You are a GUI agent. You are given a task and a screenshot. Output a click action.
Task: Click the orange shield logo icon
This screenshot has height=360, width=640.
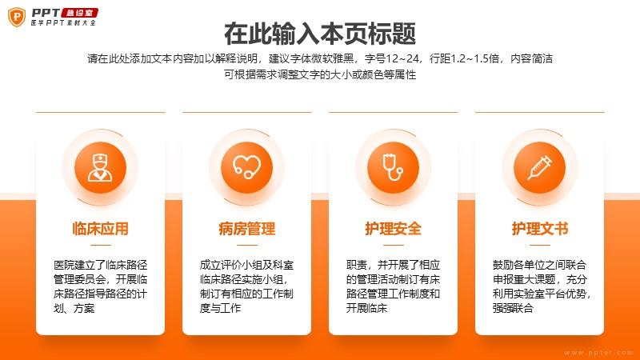pyautogui.click(x=17, y=17)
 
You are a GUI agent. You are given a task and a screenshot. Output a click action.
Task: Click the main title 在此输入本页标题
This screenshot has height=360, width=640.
pyautogui.click(x=320, y=34)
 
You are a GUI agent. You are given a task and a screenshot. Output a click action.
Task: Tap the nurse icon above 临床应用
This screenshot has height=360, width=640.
pyautogui.click(x=101, y=167)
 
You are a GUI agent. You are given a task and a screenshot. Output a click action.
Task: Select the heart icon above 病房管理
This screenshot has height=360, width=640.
pyautogui.click(x=246, y=167)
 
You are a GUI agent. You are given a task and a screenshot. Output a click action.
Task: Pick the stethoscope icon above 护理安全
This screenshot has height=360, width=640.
pyautogui.click(x=393, y=167)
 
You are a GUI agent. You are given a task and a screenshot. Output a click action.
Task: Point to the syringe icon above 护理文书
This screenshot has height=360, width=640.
pyautogui.click(x=539, y=167)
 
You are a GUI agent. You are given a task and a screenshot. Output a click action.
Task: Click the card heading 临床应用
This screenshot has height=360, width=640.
pyautogui.click(x=101, y=229)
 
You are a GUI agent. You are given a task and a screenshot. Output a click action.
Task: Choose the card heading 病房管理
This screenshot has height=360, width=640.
pyautogui.click(x=247, y=229)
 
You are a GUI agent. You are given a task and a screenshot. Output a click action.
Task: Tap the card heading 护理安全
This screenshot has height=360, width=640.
pyautogui.click(x=393, y=229)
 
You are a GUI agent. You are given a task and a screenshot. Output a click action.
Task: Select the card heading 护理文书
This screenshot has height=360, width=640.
pyautogui.click(x=539, y=229)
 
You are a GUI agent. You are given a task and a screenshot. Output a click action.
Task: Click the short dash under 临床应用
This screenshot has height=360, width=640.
pyautogui.click(x=101, y=246)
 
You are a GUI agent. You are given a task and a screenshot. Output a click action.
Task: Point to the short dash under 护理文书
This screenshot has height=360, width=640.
pyautogui.click(x=539, y=246)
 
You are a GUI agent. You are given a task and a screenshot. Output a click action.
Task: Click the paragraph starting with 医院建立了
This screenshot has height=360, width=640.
pyautogui.click(x=101, y=286)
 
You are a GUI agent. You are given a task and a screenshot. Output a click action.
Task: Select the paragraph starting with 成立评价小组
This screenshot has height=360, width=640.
pyautogui.click(x=246, y=286)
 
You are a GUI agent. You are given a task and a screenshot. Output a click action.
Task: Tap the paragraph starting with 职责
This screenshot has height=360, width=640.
pyautogui.click(x=393, y=286)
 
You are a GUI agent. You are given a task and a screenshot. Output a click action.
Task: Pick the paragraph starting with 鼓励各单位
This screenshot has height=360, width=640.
pyautogui.click(x=542, y=286)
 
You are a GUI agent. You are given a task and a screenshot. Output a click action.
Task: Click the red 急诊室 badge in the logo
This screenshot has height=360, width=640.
pyautogui.click(x=79, y=13)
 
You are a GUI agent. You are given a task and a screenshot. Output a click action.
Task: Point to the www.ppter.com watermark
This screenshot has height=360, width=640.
pyautogui.click(x=598, y=353)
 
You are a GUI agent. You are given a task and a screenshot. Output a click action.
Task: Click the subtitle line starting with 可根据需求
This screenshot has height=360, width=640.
pyautogui.click(x=320, y=74)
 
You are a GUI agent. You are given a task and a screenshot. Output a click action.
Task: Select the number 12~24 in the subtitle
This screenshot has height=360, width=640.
pyautogui.click(x=402, y=58)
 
